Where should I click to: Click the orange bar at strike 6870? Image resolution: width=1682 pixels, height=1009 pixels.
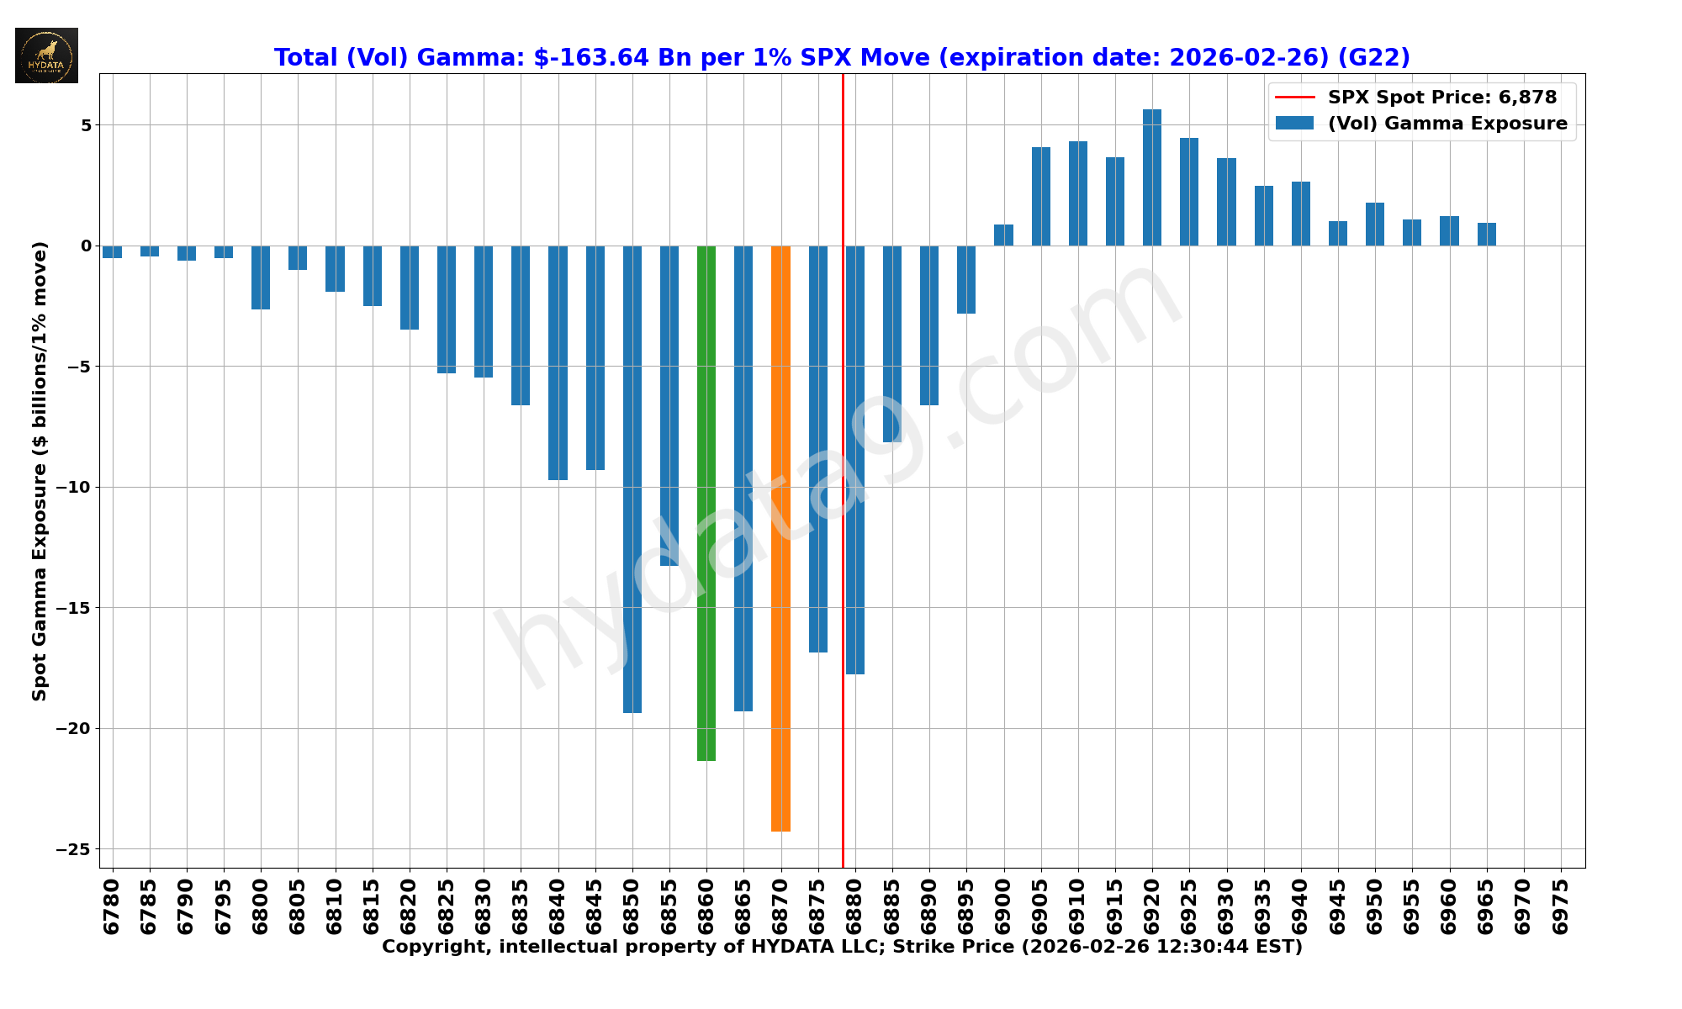[x=780, y=538]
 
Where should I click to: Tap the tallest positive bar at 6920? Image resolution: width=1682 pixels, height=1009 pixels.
[x=1152, y=177]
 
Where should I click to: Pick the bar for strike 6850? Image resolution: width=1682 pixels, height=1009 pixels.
[x=632, y=479]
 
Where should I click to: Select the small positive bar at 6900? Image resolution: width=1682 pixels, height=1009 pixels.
[x=1003, y=235]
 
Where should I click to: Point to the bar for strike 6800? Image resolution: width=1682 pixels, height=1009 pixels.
[x=261, y=277]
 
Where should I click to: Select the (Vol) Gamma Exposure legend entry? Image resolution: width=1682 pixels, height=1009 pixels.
[x=1447, y=124]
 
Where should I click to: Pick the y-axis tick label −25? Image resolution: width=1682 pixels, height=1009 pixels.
[x=73, y=849]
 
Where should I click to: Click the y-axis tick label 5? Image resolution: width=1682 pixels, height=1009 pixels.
[x=85, y=125]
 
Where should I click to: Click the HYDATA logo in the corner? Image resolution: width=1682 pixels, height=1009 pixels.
[x=46, y=55]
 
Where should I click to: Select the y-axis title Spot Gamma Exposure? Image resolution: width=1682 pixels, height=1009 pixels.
[x=40, y=471]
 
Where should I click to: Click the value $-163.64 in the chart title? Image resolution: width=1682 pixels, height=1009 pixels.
[x=591, y=57]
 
